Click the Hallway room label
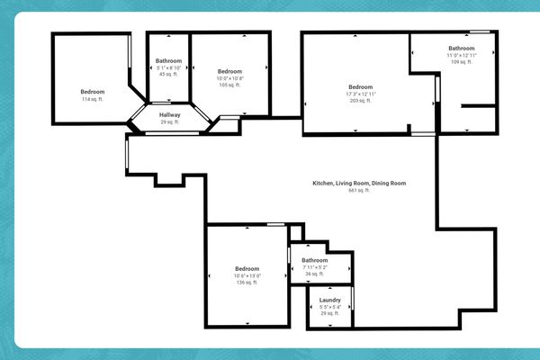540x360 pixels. (170, 115)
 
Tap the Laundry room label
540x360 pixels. (329, 300)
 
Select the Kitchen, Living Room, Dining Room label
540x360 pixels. (359, 183)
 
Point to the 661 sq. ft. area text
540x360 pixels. (359, 190)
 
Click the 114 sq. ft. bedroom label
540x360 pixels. (93, 99)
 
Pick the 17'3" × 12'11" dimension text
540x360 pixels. (360, 94)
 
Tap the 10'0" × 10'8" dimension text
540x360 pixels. (229, 78)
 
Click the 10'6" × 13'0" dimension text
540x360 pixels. (247, 275)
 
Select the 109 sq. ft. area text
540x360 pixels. (461, 62)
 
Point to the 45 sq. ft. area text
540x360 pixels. (169, 75)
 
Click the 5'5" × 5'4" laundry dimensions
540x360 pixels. (329, 307)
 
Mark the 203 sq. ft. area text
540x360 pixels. (360, 101)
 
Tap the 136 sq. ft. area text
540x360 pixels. (247, 283)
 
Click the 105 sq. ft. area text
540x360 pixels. (229, 85)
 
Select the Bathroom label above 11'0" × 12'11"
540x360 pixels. (461, 48)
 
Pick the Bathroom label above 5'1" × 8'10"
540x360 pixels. (169, 61)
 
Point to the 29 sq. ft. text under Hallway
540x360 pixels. (170, 121)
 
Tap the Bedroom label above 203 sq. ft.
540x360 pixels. (360, 86)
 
